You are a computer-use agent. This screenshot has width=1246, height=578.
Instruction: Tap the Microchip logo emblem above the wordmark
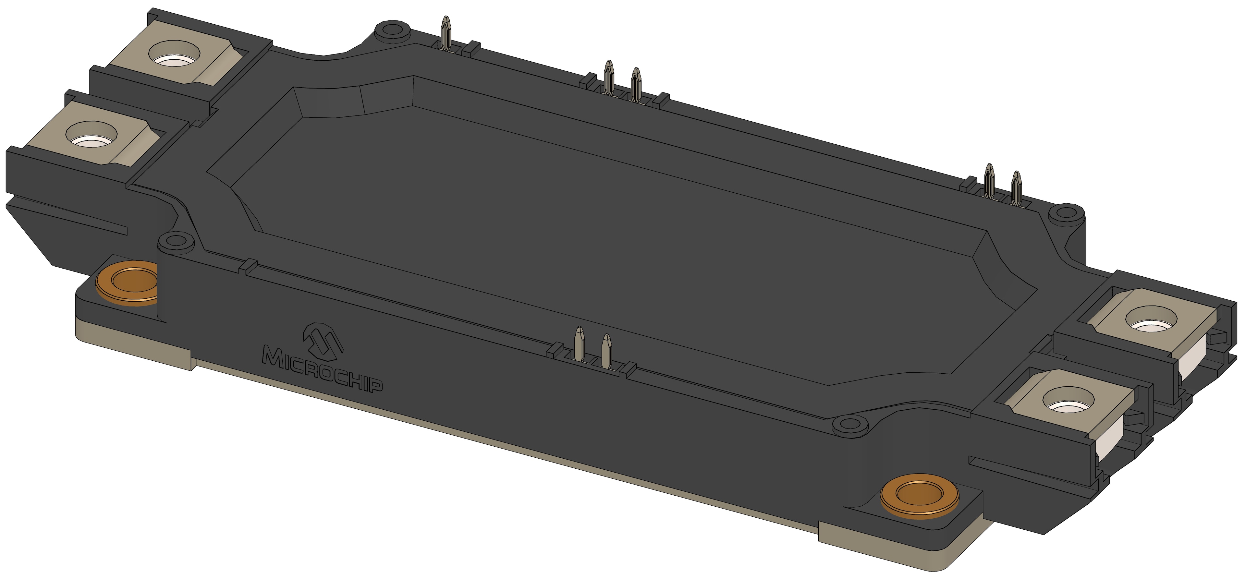(x=322, y=341)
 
